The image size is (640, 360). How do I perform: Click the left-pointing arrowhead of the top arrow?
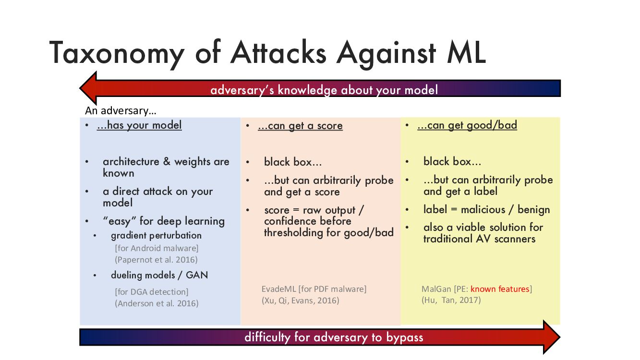(88, 88)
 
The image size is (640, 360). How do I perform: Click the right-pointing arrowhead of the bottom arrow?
(552, 337)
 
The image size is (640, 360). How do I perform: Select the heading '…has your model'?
(139, 125)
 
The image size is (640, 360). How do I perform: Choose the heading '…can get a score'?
(300, 126)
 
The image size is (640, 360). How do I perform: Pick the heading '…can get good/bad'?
(467, 125)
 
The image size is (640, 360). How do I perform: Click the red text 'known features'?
(500, 289)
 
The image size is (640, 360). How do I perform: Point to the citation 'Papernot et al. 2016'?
(157, 260)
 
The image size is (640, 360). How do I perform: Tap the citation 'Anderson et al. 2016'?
(157, 303)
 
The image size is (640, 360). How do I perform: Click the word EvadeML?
(278, 289)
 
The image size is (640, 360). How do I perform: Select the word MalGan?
(436, 289)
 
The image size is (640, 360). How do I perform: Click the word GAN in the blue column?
(196, 275)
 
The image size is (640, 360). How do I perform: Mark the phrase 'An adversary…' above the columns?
(121, 110)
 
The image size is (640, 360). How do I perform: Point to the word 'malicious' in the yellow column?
(483, 210)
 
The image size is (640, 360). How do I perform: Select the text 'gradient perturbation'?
(156, 235)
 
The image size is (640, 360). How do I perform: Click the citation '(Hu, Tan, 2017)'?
(451, 300)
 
